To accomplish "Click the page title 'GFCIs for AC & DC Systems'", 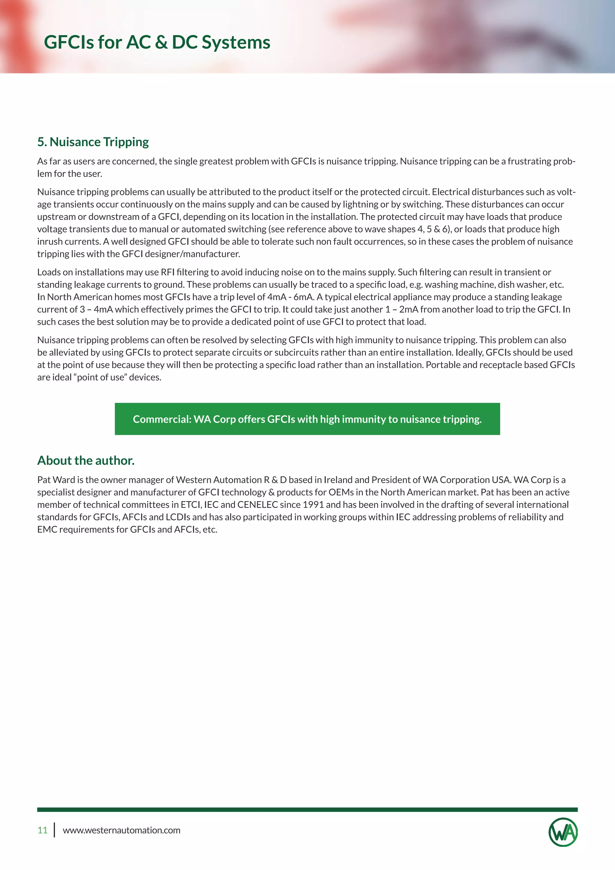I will tap(157, 42).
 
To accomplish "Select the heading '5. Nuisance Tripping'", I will tap(93, 142).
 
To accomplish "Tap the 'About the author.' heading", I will tap(86, 461).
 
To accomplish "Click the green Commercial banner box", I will tap(307, 419).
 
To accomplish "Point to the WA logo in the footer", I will tap(563, 832).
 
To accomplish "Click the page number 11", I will tap(42, 830).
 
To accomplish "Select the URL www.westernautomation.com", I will tap(121, 830).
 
